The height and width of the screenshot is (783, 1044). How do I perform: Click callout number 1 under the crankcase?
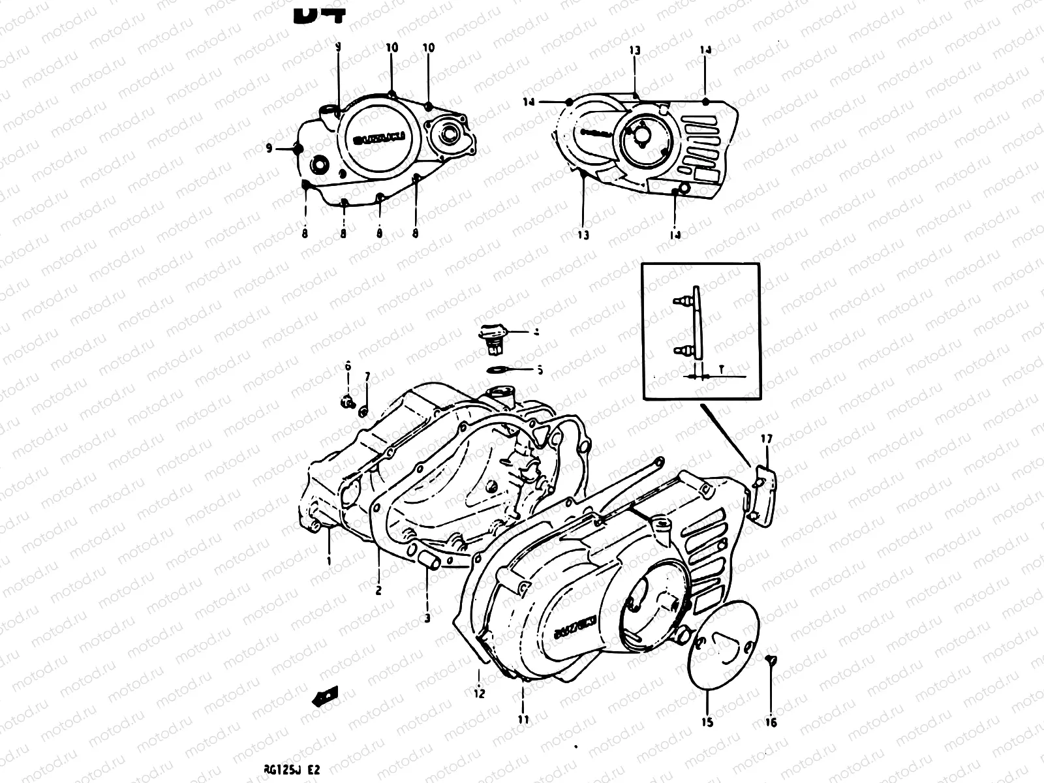(329, 560)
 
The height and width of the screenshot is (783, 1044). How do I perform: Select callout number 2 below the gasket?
(378, 591)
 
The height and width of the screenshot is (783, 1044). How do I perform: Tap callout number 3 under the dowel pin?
(427, 617)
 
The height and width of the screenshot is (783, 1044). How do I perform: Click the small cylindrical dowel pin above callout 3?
(428, 560)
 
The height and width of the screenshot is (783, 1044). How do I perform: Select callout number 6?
(348, 367)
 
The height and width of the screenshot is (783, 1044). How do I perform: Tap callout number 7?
(367, 376)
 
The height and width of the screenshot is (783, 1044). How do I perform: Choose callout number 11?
(523, 720)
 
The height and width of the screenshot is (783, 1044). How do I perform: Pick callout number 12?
(480, 693)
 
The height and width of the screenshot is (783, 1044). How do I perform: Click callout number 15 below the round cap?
(708, 722)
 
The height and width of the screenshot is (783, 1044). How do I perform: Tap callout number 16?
(771, 722)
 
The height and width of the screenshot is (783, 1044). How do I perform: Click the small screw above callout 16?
(771, 661)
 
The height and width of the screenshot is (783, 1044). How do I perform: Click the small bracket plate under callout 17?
(766, 489)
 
